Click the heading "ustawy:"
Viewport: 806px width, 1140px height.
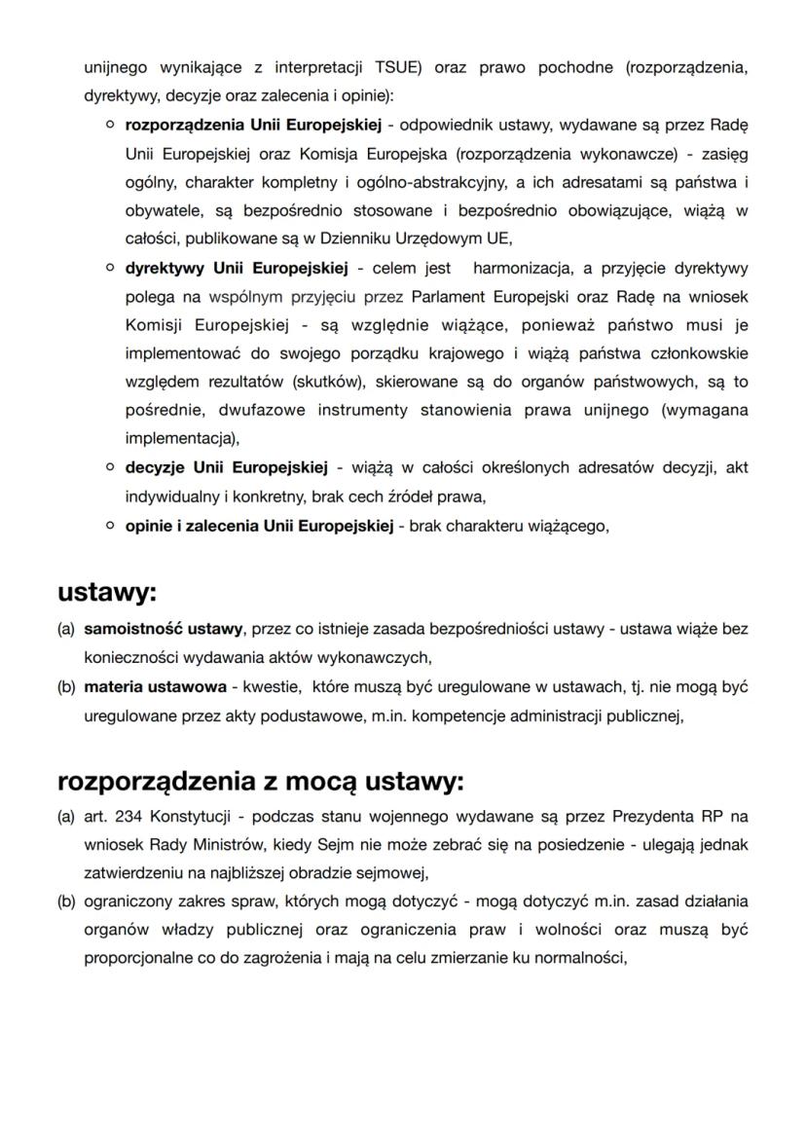tap(106, 592)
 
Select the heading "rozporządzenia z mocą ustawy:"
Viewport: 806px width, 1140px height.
tap(261, 781)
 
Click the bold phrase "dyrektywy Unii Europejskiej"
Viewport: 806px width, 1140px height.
tap(237, 268)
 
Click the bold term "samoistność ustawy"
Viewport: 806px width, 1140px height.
tap(164, 630)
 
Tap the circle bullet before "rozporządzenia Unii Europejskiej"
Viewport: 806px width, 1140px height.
tap(112, 127)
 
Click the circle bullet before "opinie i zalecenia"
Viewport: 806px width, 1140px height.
tap(112, 526)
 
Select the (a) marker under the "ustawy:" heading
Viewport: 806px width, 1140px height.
tap(66, 630)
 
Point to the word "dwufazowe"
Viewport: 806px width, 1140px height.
tap(252, 410)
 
